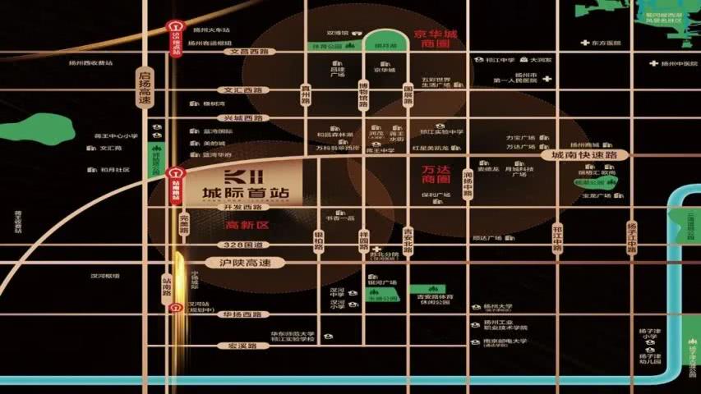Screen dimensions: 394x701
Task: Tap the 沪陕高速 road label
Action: (243, 263)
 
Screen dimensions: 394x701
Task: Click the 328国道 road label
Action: (243, 245)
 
